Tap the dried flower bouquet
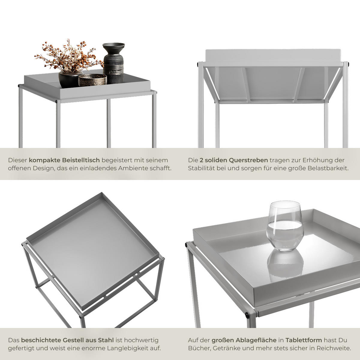69,56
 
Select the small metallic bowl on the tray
92,80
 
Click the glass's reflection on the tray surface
285,265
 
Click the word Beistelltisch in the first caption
81,160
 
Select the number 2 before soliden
201,160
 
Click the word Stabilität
201,168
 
